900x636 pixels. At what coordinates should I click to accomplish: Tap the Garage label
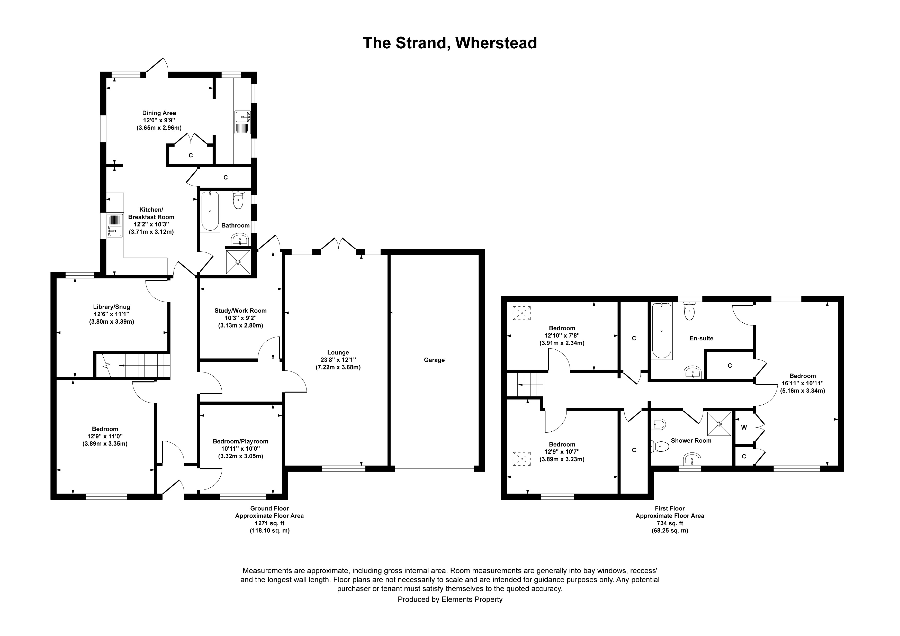click(x=434, y=360)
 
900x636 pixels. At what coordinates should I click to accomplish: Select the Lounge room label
click(x=338, y=352)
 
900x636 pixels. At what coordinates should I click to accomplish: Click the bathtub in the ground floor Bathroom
click(x=210, y=211)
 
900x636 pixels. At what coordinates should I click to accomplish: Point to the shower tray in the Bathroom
click(x=238, y=261)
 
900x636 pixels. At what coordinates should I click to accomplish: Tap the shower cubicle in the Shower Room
click(x=719, y=424)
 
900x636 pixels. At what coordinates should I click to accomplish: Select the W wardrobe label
click(x=744, y=428)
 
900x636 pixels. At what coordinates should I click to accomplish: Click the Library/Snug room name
click(x=111, y=307)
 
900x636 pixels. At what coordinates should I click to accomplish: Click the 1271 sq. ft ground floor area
click(x=269, y=523)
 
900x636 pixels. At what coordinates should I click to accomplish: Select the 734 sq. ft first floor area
click(x=670, y=523)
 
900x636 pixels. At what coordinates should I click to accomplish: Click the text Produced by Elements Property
click(x=449, y=599)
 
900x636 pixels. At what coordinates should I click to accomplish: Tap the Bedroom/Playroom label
click(x=240, y=441)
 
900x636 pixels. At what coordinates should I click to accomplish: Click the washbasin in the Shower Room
click(x=692, y=460)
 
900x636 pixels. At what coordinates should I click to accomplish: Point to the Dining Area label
click(x=159, y=113)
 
